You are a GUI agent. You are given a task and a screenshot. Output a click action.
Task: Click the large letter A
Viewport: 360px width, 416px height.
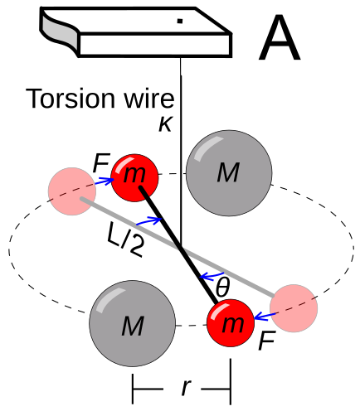point(280,37)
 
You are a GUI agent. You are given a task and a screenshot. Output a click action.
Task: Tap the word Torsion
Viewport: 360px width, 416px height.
point(71,99)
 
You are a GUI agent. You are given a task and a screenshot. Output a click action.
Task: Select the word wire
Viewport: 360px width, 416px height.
point(149,99)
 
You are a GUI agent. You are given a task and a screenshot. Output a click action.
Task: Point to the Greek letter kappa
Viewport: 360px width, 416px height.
point(165,123)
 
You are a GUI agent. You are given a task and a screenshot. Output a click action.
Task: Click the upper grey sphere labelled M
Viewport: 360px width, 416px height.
point(229,173)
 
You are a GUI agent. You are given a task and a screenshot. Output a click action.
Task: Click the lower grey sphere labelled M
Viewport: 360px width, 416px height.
point(133,323)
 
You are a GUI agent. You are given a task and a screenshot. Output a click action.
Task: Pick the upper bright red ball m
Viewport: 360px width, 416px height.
point(134,178)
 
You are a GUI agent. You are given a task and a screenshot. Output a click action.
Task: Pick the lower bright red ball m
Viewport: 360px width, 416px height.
point(231,322)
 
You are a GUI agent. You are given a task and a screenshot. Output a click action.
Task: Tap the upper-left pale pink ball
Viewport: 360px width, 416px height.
point(72,191)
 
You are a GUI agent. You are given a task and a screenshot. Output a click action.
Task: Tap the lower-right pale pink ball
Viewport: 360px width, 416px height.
point(294,308)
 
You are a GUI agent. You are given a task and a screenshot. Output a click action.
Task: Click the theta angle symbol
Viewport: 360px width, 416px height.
point(222,288)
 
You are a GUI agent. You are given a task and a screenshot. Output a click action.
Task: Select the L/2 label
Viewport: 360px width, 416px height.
point(125,240)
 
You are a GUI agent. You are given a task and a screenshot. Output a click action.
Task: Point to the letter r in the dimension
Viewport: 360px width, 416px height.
point(187,387)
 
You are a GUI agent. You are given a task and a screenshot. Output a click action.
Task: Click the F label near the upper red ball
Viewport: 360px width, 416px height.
point(101,163)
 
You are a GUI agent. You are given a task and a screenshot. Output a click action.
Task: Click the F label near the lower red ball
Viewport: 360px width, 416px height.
point(266,341)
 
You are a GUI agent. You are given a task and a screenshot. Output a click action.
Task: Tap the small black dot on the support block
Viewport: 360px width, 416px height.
point(180,21)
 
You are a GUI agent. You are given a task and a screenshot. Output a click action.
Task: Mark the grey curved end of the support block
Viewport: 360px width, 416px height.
point(61,31)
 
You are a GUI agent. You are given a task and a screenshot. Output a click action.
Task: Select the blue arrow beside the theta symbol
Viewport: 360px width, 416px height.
point(212,275)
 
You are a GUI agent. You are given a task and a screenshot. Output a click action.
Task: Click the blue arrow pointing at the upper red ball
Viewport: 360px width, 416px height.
point(105,181)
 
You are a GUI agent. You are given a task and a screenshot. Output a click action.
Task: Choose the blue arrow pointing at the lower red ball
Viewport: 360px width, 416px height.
point(265,317)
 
